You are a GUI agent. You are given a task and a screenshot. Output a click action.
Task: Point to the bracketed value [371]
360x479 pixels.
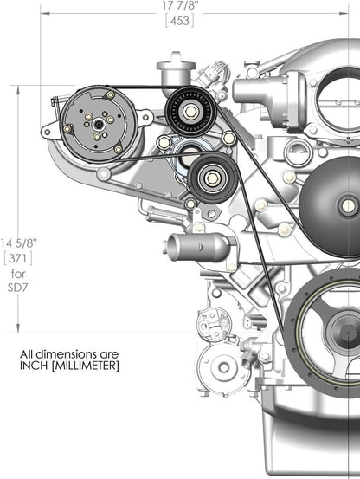(x=17, y=258)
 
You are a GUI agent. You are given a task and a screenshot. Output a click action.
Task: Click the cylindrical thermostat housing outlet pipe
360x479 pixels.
(x=186, y=246)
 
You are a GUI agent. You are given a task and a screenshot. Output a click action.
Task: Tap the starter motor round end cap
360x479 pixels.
(x=224, y=366)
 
